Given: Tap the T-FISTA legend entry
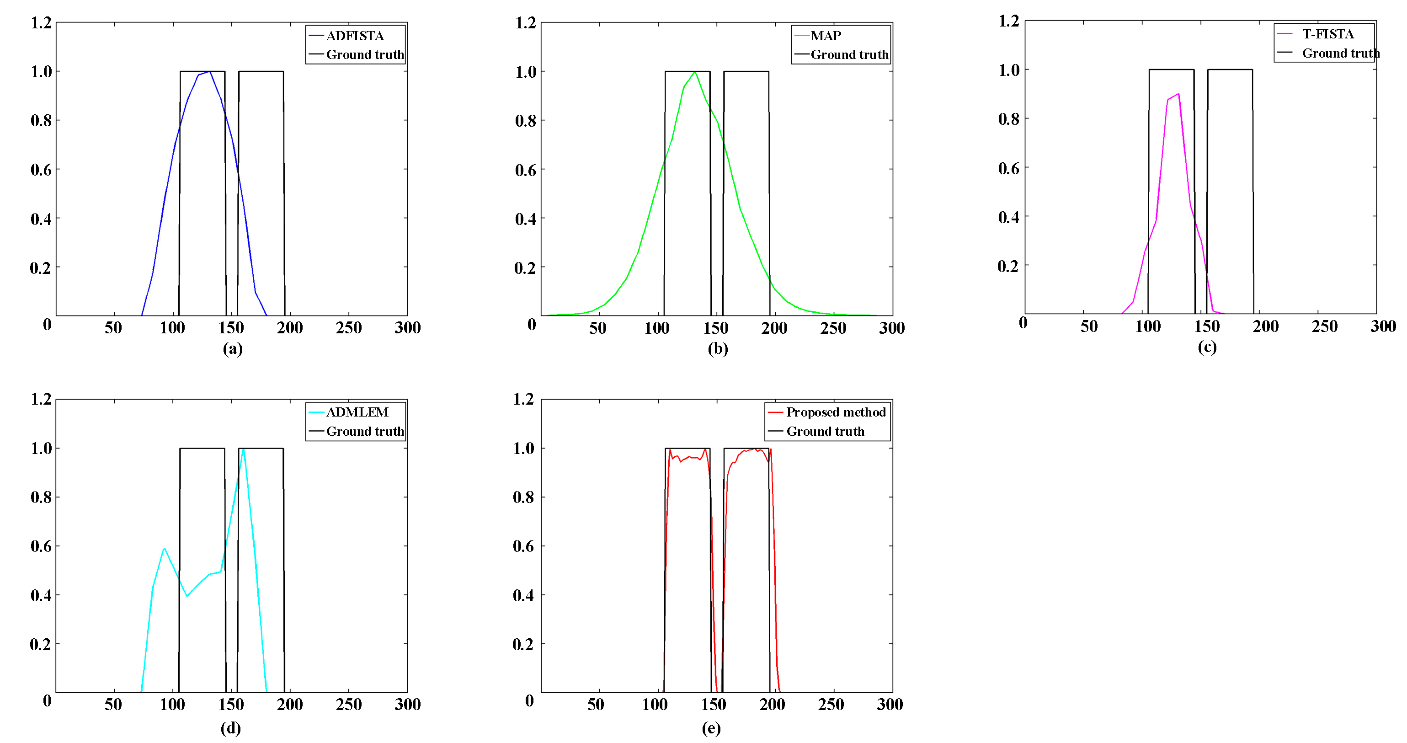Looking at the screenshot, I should (x=1327, y=34).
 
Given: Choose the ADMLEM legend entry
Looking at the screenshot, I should (x=357, y=412).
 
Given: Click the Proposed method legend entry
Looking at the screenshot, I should (x=835, y=412).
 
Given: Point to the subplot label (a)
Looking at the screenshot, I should (x=232, y=348).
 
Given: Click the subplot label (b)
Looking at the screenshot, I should (x=718, y=348).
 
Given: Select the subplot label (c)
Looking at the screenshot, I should (x=1207, y=347).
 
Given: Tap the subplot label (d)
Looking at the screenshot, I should (x=231, y=728).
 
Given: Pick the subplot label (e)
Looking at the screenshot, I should (x=711, y=728).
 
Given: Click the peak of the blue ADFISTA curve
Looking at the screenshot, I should (x=209, y=72).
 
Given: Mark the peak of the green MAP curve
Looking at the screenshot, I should (x=694, y=72).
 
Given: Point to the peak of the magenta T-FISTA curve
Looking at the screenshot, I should (x=1178, y=94).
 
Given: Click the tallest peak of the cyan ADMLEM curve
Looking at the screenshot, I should (x=243, y=449).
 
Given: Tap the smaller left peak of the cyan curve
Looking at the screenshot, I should (x=164, y=549).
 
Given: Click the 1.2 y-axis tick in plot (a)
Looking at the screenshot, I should (x=41, y=23).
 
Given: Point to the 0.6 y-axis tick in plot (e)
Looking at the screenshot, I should (x=523, y=546).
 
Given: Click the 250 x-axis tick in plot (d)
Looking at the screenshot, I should (x=348, y=705).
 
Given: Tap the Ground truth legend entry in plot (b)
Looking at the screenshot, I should (x=849, y=54).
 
